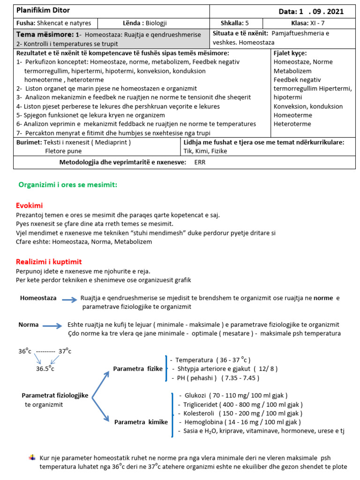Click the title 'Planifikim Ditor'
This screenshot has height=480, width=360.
[x=43, y=10]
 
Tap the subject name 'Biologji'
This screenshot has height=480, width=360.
[x=156, y=23]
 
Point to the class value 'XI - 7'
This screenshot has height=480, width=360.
[x=320, y=23]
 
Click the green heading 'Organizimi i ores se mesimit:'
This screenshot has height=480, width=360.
[x=67, y=185]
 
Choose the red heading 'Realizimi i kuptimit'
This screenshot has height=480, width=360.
[x=49, y=262]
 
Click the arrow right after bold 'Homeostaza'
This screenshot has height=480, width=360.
[x=69, y=299]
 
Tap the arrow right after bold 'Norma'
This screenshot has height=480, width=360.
[x=52, y=325]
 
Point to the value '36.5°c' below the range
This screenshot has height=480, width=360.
[x=45, y=368]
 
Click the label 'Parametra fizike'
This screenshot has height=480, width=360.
[x=138, y=369]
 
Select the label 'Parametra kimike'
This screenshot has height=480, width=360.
[x=141, y=422]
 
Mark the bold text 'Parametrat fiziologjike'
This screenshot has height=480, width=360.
[x=55, y=395]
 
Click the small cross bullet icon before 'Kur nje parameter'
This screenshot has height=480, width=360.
[x=32, y=457]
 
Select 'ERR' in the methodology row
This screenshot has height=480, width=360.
[x=200, y=162]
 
